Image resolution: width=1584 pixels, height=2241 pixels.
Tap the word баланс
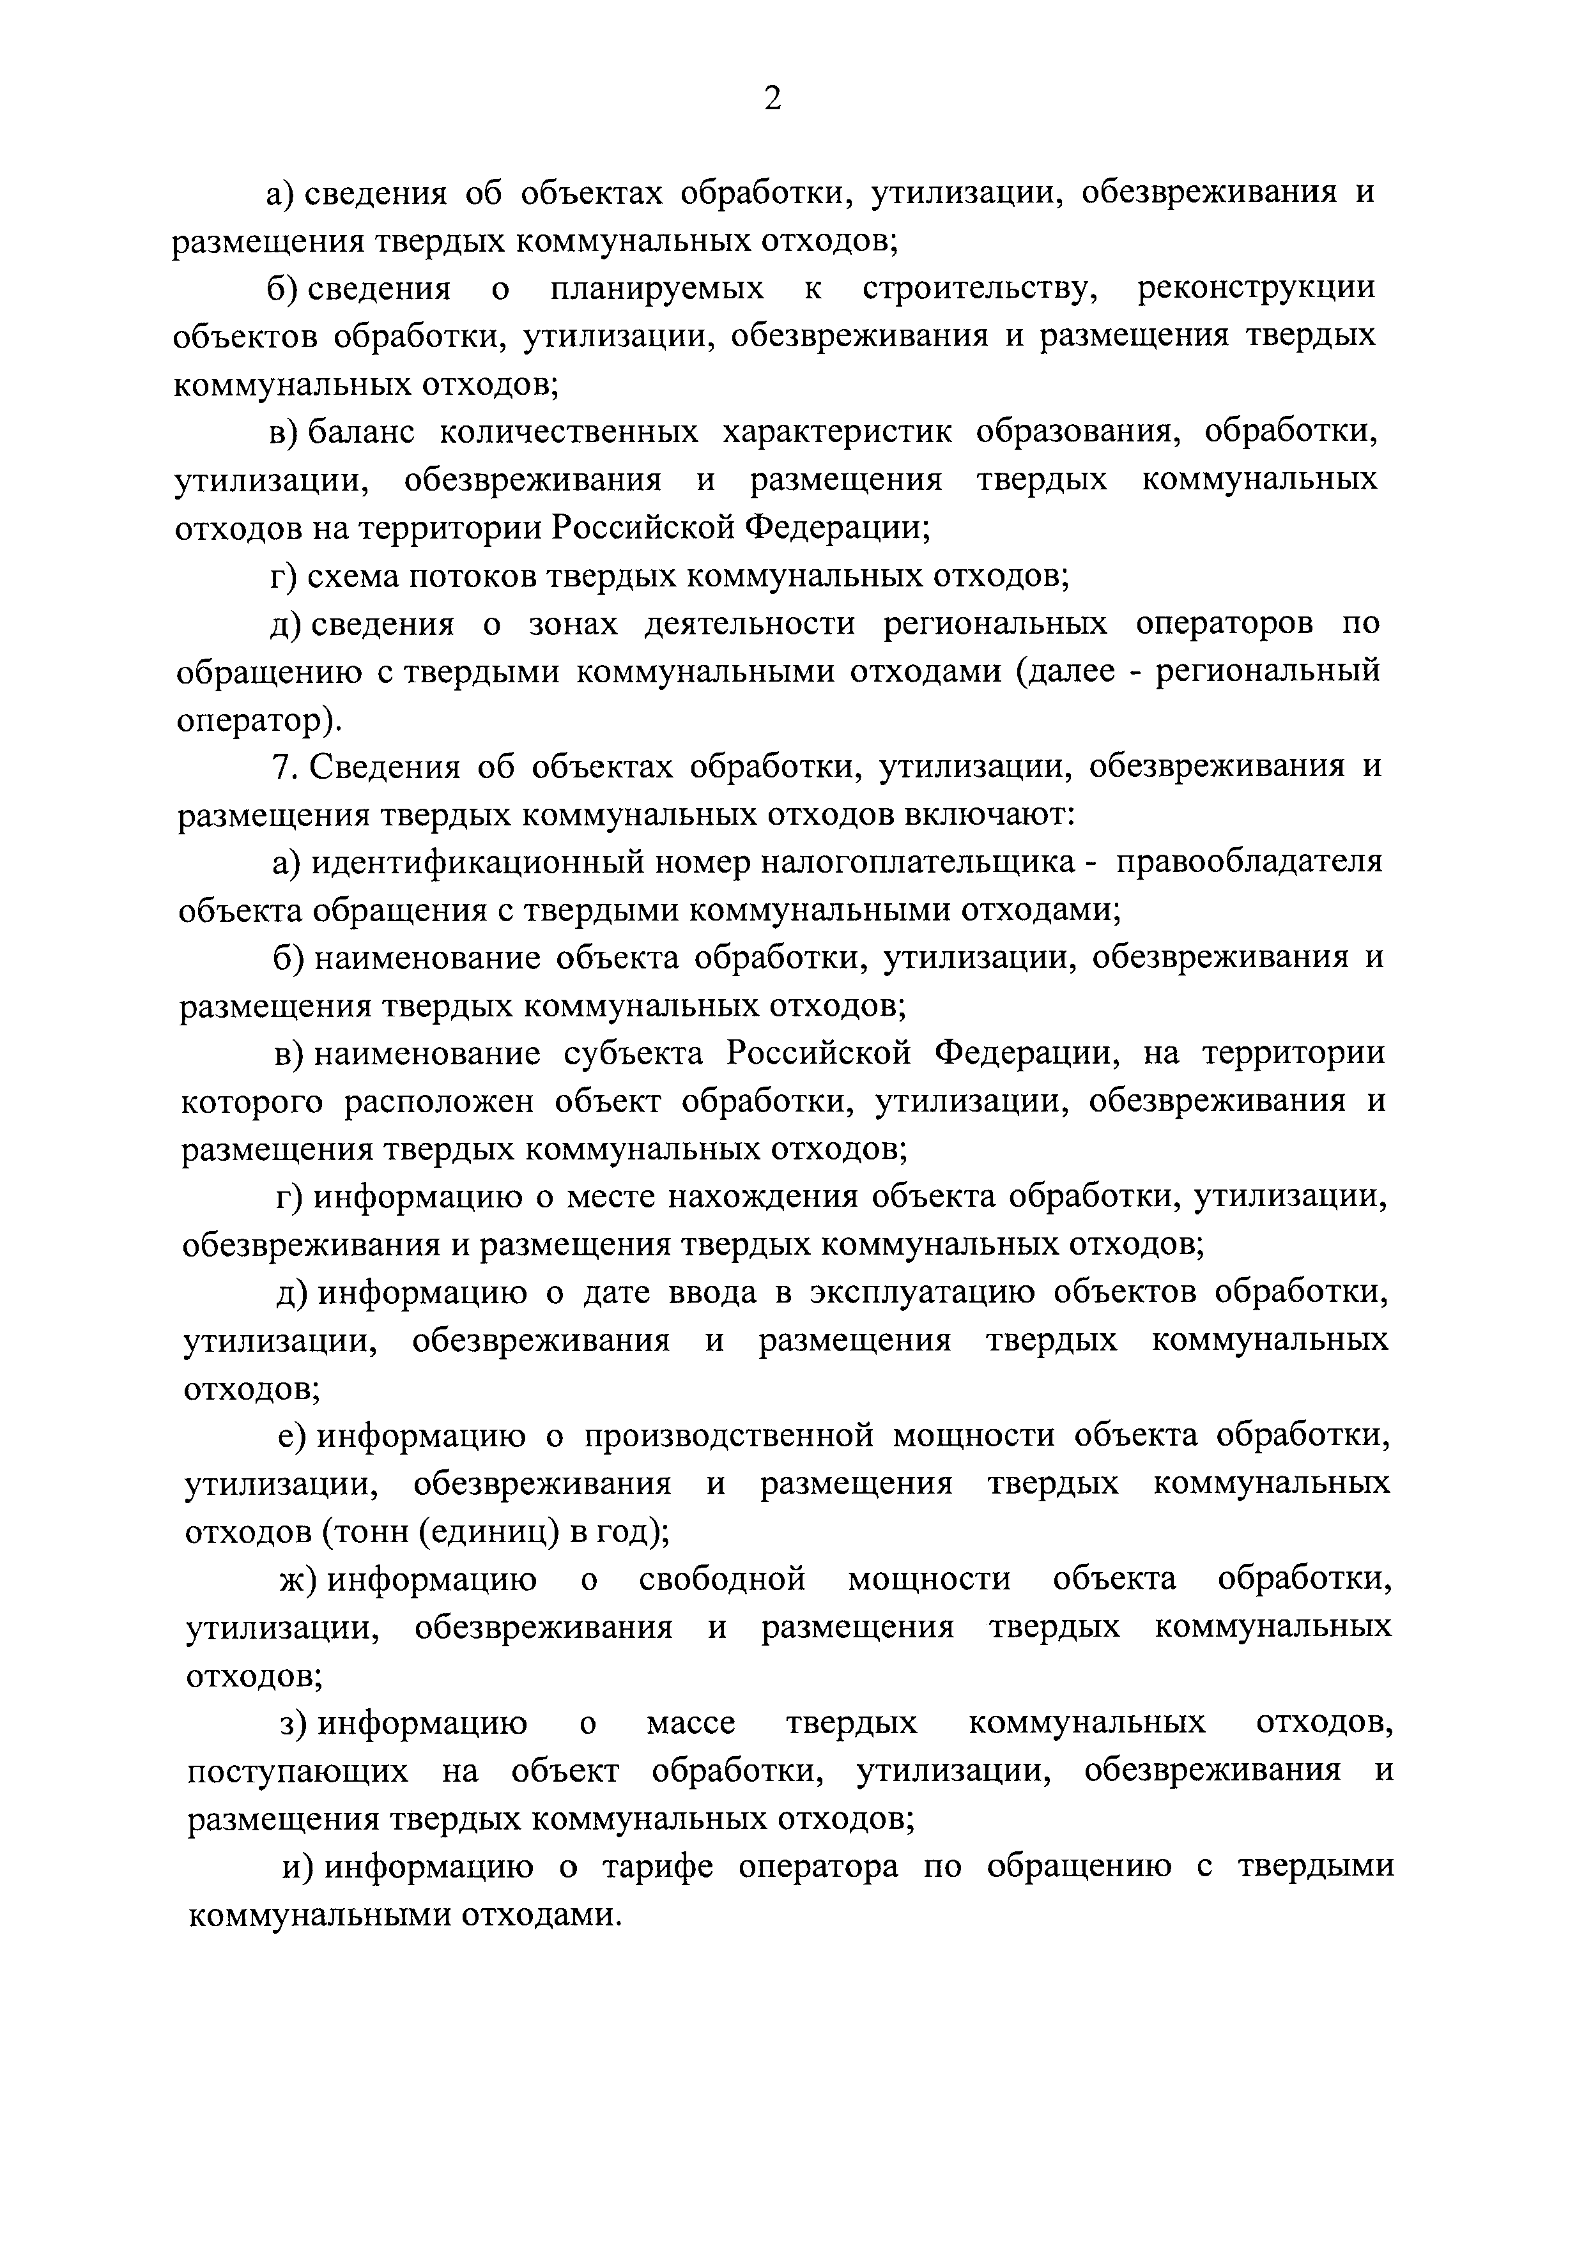point(361,433)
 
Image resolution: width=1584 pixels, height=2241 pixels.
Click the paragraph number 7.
point(283,768)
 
